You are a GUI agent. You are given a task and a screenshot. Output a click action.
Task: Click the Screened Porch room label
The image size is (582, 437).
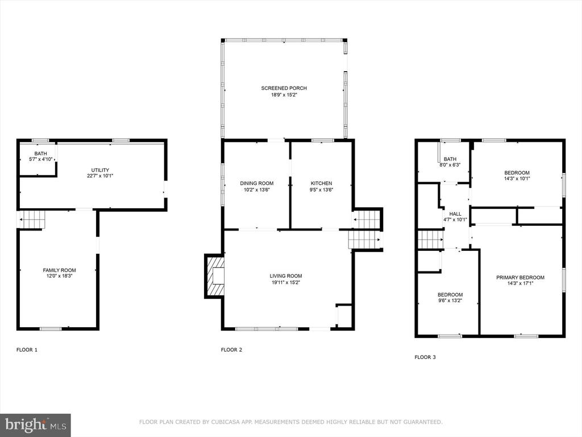(284, 88)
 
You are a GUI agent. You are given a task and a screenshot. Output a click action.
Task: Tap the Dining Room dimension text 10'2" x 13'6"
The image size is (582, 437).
(256, 189)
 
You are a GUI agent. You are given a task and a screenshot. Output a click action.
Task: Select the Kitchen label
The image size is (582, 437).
(322, 183)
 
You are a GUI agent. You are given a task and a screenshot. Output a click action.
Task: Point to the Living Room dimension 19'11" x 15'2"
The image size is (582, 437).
(286, 282)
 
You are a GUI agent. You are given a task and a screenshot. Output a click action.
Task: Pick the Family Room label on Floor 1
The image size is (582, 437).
(59, 270)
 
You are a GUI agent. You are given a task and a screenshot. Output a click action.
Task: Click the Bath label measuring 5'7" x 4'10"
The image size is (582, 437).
(41, 154)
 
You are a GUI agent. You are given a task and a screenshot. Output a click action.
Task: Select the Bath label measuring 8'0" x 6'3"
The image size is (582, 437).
(450, 159)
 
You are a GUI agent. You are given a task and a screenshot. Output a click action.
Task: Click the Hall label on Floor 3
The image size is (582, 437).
(455, 214)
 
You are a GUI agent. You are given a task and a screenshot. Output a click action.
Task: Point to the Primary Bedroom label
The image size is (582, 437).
(521, 278)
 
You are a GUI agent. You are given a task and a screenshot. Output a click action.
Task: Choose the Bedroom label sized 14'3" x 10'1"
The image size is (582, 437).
(517, 173)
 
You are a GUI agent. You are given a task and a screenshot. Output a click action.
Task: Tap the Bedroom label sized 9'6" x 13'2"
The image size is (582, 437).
(450, 295)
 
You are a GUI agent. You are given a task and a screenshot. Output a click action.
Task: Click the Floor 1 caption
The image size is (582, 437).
(27, 350)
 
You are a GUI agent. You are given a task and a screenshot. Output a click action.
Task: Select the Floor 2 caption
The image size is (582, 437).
(232, 350)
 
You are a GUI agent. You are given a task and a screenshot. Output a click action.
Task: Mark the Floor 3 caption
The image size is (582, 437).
(425, 357)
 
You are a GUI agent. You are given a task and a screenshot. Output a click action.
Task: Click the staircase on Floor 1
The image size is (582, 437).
(32, 219)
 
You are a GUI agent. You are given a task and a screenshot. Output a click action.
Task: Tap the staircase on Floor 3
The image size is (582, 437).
(431, 239)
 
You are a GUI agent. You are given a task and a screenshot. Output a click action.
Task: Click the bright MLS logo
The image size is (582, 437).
(35, 425)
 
